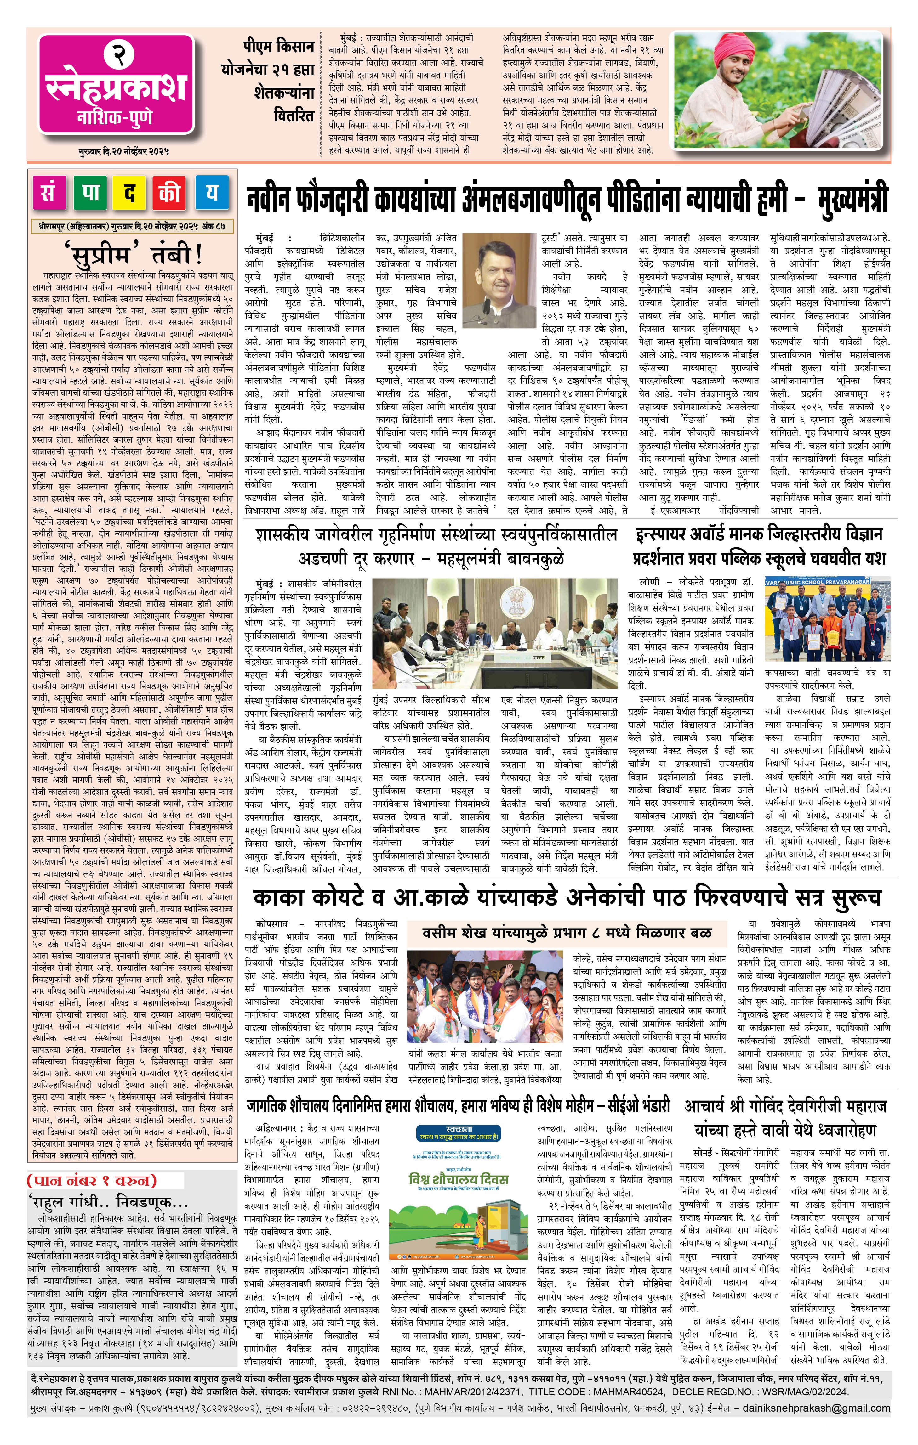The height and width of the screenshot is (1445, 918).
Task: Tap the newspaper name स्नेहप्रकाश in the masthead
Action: (x=117, y=88)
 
